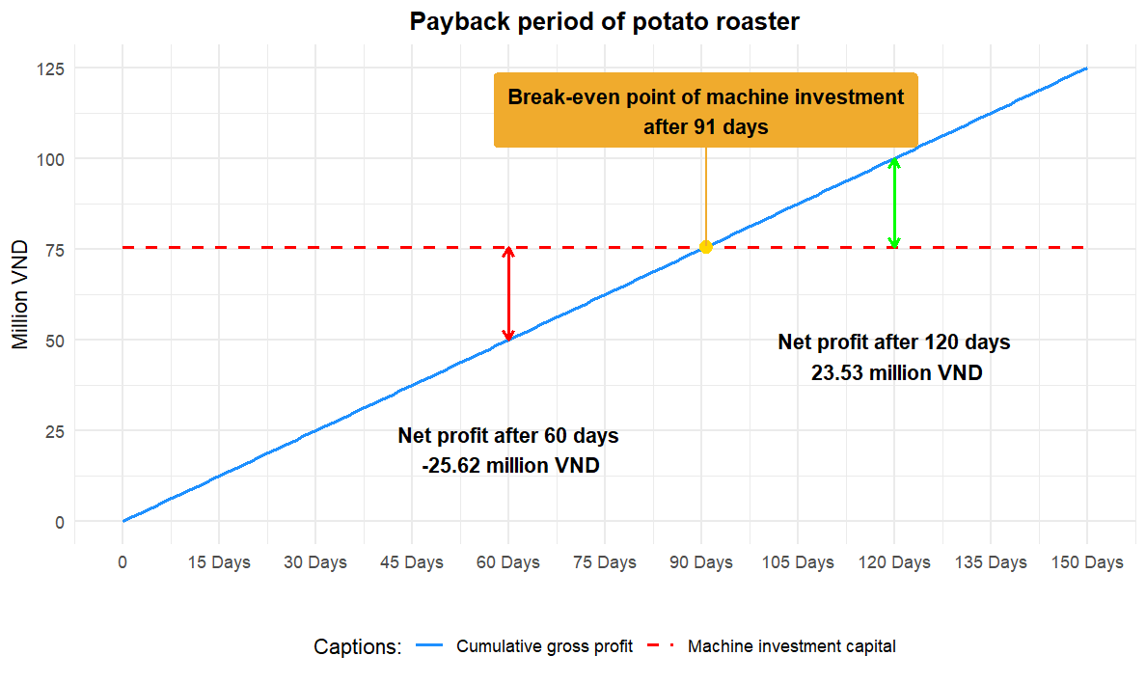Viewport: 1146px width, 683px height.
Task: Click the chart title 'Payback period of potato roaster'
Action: pos(605,22)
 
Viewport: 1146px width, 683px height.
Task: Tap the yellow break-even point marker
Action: pos(706,247)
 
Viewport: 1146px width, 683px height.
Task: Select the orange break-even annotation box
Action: pos(705,111)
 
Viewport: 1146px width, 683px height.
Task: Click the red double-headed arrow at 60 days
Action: pos(508,293)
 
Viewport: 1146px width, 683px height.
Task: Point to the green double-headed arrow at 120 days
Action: pos(894,203)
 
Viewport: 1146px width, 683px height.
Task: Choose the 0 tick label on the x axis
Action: pos(123,562)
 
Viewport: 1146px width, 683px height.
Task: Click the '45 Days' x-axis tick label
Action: pos(412,562)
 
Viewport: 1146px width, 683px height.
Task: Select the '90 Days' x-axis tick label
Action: pos(701,562)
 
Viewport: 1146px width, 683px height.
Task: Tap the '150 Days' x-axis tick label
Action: pos(1087,562)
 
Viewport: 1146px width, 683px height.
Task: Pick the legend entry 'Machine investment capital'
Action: pos(791,646)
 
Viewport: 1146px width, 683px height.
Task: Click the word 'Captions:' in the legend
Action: pos(357,646)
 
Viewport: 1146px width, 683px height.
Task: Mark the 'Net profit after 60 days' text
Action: pos(508,436)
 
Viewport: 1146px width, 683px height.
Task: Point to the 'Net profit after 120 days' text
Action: pos(894,342)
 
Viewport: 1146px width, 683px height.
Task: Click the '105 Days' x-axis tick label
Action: pos(798,562)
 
